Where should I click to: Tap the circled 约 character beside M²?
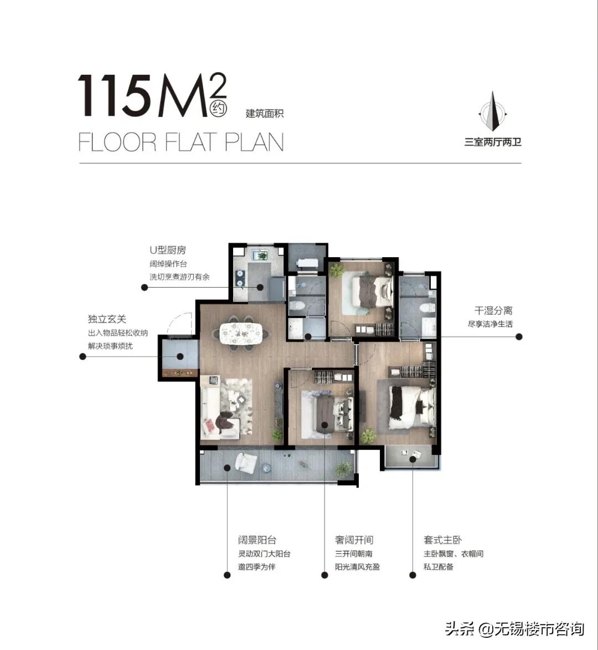(x=218, y=109)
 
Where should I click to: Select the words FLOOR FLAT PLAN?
(x=181, y=142)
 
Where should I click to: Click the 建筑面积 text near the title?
(x=265, y=113)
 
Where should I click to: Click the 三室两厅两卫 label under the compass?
(x=493, y=142)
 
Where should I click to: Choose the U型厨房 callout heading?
(x=168, y=250)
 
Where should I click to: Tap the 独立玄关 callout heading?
(x=107, y=319)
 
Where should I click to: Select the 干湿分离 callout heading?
(x=493, y=310)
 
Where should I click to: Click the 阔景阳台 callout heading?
(x=257, y=540)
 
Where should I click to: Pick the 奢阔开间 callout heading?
(x=354, y=540)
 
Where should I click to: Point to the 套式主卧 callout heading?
(x=443, y=540)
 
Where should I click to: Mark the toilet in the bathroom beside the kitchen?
(x=297, y=306)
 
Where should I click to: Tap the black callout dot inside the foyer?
(x=181, y=356)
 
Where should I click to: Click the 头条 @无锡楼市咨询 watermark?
(x=515, y=629)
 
